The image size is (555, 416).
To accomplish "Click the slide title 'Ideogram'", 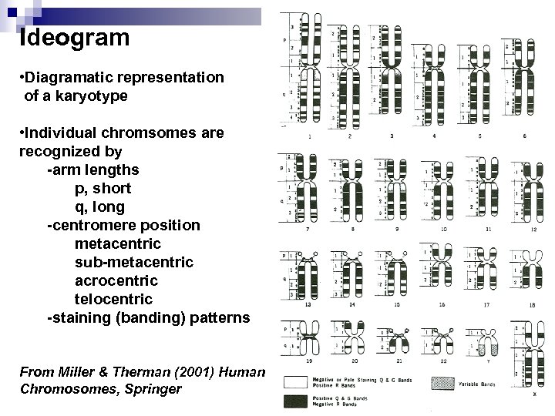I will pos(74,36).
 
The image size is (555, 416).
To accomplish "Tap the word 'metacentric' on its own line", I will pos(118,244).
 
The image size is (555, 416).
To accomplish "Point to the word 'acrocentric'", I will pos(116,281).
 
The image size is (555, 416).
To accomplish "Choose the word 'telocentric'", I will pos(113,300).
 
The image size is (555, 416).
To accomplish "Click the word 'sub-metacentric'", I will pos(133,263).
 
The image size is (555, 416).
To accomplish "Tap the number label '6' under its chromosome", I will pos(525,136).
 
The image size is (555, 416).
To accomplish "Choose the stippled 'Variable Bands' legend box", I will pos(442,381).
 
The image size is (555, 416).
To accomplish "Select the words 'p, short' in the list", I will pos(103,189).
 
